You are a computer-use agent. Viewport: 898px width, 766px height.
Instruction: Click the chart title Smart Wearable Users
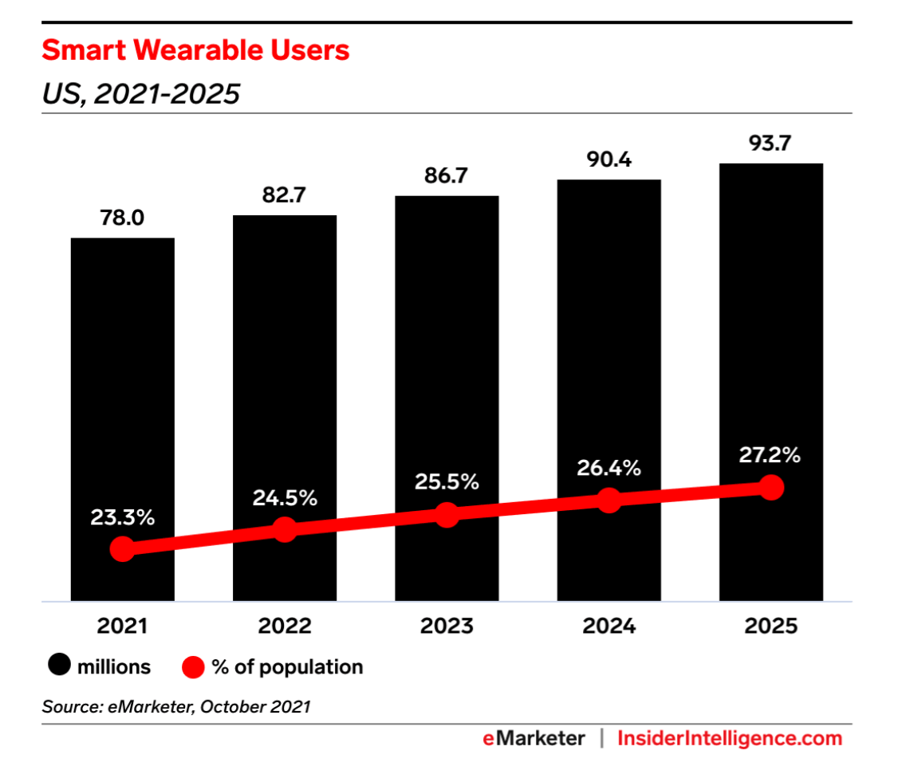(x=195, y=51)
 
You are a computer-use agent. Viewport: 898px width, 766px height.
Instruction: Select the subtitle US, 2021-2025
(x=140, y=94)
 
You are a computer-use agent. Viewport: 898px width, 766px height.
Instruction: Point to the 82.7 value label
(x=284, y=195)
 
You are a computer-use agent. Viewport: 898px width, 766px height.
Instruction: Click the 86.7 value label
(x=447, y=176)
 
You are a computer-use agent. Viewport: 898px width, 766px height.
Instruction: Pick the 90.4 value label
(x=609, y=160)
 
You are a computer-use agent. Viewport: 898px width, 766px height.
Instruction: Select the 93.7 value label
(x=770, y=143)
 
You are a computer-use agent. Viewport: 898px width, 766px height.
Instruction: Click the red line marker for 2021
(x=122, y=548)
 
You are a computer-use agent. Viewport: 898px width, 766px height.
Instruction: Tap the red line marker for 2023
(x=447, y=514)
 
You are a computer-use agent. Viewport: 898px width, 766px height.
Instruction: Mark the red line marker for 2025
(x=770, y=487)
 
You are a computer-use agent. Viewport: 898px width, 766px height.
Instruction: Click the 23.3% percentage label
(x=122, y=517)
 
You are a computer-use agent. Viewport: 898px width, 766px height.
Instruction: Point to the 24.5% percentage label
(x=285, y=499)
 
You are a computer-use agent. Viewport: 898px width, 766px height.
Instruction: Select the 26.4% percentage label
(x=609, y=469)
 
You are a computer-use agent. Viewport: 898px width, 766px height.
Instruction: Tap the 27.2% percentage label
(x=770, y=456)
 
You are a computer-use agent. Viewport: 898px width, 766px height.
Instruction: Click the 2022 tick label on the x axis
(x=284, y=627)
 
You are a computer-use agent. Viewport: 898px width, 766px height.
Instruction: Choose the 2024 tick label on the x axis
(x=609, y=627)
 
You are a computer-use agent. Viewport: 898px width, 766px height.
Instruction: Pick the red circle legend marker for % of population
(x=193, y=666)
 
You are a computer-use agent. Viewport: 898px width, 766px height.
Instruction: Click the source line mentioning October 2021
(x=175, y=705)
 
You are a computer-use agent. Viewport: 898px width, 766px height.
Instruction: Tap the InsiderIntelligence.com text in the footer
(x=730, y=738)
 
